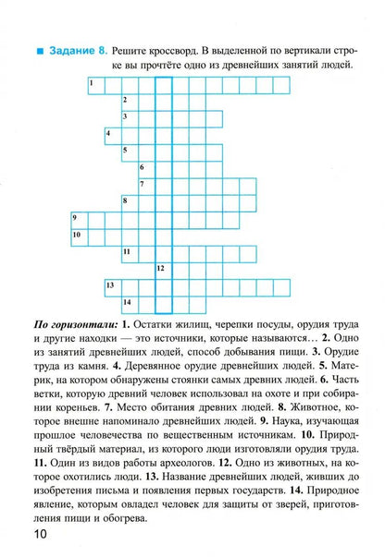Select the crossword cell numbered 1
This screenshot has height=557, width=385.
point(94,85)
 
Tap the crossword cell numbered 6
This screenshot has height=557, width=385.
point(145,168)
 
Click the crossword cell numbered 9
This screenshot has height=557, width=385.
point(78,218)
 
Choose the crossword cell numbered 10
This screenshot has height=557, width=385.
point(78,236)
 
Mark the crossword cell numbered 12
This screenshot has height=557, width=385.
point(163,269)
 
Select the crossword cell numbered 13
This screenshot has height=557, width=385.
point(111,285)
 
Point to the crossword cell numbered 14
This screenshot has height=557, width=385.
point(129,302)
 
